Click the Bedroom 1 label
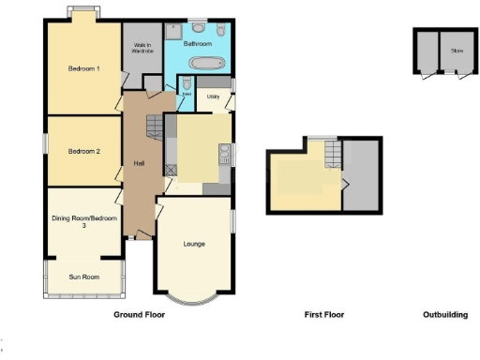point(84,68)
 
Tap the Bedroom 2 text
point(84,150)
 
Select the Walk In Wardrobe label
point(142,49)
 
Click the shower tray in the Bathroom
point(174,31)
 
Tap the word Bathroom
point(198,43)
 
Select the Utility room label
point(214,96)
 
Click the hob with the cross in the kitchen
point(172,170)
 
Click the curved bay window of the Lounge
point(195,299)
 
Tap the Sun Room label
point(84,277)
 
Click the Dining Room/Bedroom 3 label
point(84,222)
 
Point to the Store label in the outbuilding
point(457,51)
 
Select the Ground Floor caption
point(139,315)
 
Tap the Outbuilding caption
point(444,315)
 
